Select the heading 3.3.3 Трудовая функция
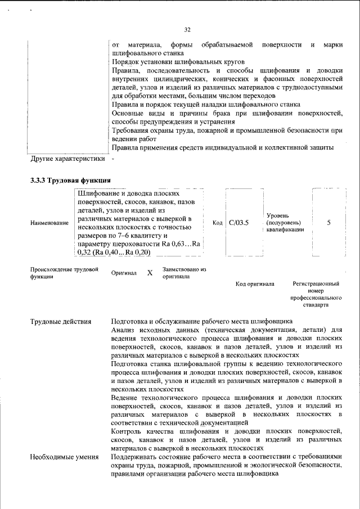[x=70, y=181]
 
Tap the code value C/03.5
[x=239, y=223]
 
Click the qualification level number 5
[x=328, y=223]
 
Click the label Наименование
[x=49, y=223]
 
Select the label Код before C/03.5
[x=218, y=223]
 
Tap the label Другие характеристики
[x=67, y=159]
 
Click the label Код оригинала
[x=255, y=284]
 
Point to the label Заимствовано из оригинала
[x=184, y=273]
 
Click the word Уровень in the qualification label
[x=278, y=215]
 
